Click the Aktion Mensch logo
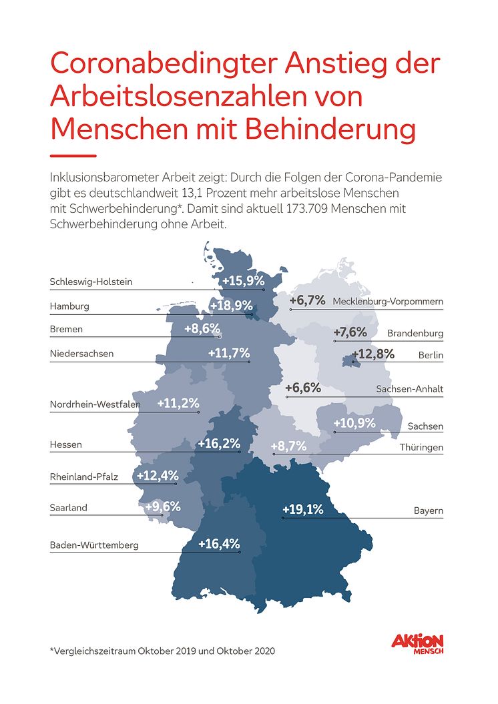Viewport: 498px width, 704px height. click(x=417, y=644)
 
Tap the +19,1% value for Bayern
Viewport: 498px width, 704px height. click(x=302, y=510)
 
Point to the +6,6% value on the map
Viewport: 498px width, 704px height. click(x=303, y=388)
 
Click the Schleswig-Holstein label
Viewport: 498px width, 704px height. click(x=91, y=282)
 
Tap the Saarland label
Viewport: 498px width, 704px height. click(x=68, y=508)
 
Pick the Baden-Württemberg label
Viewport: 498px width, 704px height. click(x=94, y=545)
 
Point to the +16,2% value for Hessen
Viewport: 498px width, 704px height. click(x=219, y=443)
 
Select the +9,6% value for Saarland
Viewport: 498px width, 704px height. click(x=162, y=506)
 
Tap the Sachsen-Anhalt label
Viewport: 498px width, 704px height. click(x=409, y=388)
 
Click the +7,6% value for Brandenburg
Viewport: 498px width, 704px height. click(x=350, y=332)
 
